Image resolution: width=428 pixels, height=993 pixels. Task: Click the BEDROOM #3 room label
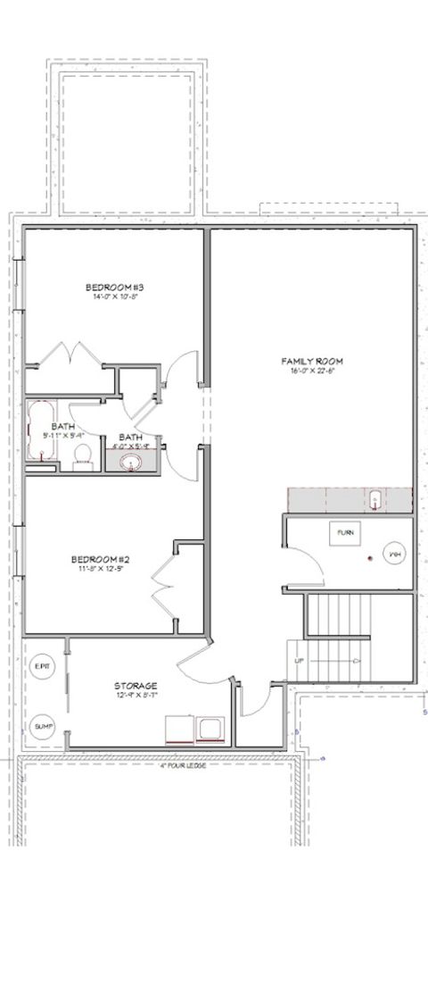point(115,288)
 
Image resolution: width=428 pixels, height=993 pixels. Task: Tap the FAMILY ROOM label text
point(312,362)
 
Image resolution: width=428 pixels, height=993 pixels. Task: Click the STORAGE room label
point(136,686)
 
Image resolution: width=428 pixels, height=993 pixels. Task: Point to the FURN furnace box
point(345,532)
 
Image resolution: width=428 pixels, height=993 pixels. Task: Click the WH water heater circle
point(394,555)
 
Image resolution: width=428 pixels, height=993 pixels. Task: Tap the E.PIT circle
point(42,667)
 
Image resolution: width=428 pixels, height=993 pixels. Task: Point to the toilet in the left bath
point(84,455)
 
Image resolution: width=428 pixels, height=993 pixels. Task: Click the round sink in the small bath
point(131,462)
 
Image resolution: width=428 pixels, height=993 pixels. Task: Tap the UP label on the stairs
point(300,661)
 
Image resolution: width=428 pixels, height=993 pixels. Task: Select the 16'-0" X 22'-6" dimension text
point(312,372)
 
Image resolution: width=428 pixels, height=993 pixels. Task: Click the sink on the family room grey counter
point(375,500)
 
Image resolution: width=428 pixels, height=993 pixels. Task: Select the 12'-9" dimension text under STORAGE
point(136,696)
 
